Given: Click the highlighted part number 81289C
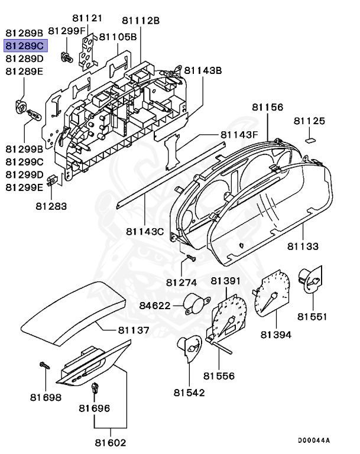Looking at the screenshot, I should click(24, 46).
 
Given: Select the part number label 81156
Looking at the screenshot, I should click(267, 108).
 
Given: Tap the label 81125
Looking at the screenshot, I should click(310, 121).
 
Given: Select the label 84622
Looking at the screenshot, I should click(155, 306).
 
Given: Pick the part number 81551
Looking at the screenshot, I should click(312, 317).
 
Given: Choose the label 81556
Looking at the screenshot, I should click(219, 375).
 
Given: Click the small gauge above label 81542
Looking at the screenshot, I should click(188, 349).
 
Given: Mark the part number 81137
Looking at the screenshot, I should click(133, 329).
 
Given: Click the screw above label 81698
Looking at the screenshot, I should click(44, 367).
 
